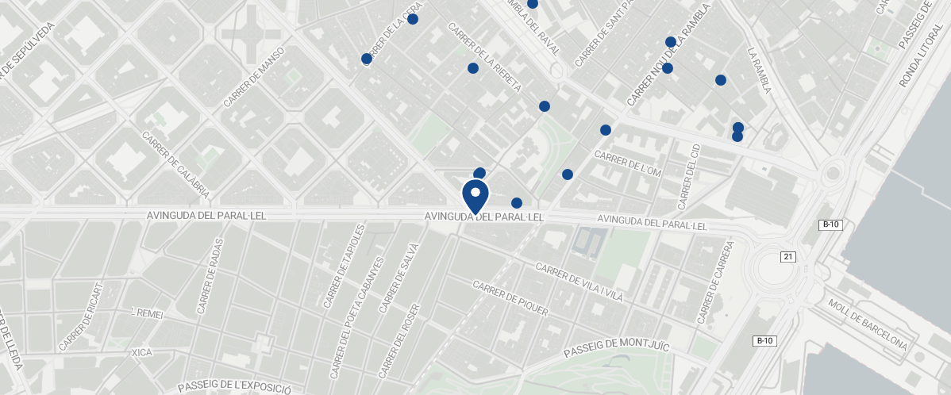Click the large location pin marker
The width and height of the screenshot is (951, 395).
point(475,196)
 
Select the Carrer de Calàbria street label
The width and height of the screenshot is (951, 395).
point(176,164)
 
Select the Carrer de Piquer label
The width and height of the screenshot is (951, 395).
point(510,298)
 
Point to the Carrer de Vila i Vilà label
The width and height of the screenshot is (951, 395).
point(579,282)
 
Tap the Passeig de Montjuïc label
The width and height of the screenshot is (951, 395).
point(617,347)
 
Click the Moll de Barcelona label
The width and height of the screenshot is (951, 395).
point(867,325)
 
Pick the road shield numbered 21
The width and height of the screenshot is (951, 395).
point(788,256)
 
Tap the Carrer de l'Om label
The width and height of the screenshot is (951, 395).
point(627,164)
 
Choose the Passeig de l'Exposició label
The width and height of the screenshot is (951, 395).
point(234,386)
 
